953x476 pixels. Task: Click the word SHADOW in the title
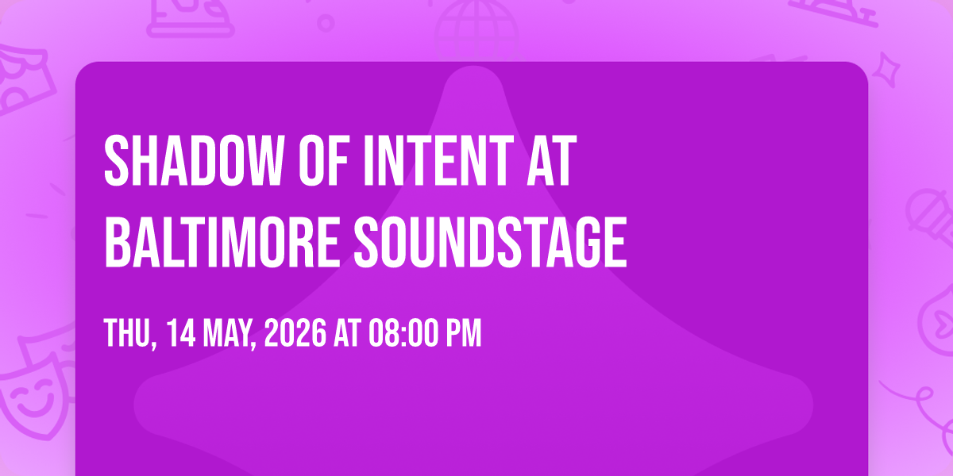194,160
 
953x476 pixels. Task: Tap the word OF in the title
324,160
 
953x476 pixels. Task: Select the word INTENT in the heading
439,160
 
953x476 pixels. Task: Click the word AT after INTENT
552,160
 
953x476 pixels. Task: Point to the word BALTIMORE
222,242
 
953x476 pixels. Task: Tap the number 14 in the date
181,333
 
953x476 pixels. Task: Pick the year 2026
295,333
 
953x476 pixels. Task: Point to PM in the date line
463,333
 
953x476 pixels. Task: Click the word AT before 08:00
348,333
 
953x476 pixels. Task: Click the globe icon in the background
476,30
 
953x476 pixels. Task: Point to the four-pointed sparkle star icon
886,71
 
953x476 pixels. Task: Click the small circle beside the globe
326,23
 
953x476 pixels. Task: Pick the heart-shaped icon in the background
938,323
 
